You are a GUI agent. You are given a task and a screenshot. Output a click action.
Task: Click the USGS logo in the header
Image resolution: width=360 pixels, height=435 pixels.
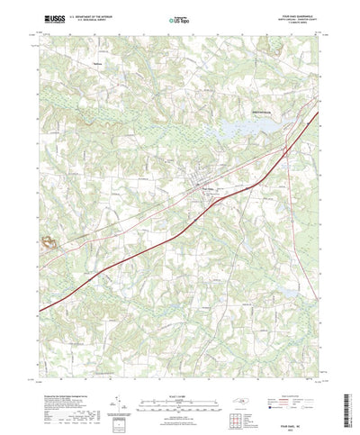tap(50, 17)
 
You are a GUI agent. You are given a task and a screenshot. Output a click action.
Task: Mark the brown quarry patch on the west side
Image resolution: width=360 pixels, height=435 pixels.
tap(45, 241)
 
